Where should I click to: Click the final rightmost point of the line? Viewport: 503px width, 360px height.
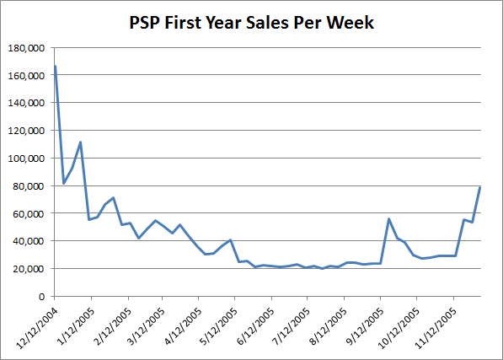pyautogui.click(x=480, y=186)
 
